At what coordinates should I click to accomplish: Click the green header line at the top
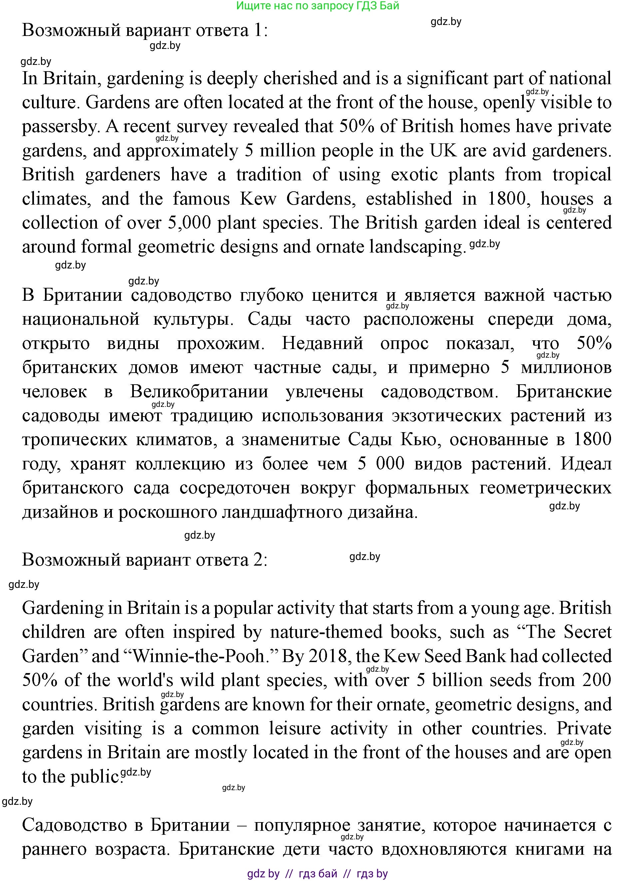point(318,6)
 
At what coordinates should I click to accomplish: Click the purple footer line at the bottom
point(318,874)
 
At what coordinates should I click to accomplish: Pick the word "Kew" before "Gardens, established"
point(258,199)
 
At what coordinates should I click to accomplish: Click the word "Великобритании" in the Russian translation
point(199,392)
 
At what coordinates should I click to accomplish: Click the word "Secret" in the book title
point(587,632)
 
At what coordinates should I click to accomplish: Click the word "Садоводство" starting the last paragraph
point(74,825)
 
